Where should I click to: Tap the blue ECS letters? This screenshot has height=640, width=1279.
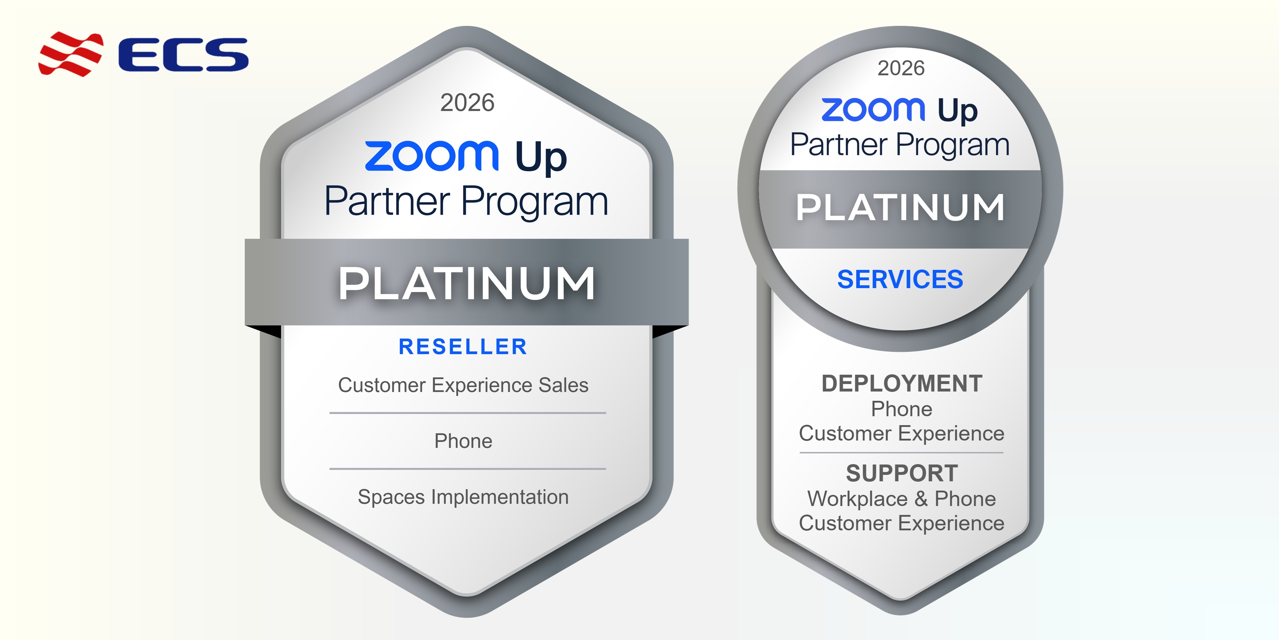coord(183,55)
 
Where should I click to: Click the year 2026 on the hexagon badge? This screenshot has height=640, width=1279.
coord(467,103)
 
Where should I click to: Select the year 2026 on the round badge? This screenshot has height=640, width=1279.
coord(901,68)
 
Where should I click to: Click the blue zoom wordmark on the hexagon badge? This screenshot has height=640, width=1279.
coord(431,156)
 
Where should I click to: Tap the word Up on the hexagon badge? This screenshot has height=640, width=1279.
coord(541,157)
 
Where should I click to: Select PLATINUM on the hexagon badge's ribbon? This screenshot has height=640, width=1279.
coord(467,283)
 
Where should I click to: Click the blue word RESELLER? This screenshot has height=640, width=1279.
coord(463,347)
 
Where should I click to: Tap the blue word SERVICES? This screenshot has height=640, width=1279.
coord(900,279)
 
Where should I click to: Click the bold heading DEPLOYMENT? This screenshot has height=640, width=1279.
coord(902,384)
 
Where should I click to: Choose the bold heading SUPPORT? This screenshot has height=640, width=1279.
coord(902,473)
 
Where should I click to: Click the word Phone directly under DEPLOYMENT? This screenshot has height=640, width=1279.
coord(902,409)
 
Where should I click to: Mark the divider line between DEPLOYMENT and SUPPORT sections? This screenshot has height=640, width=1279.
coord(902,453)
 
